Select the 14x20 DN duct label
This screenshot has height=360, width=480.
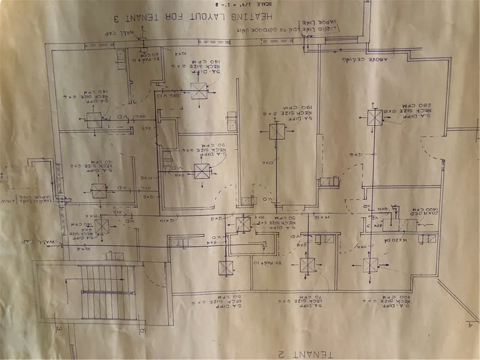[x=394, y=240]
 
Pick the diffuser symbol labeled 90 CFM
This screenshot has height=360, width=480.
[x=202, y=171]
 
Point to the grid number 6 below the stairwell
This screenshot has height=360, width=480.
[x=141, y=330]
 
